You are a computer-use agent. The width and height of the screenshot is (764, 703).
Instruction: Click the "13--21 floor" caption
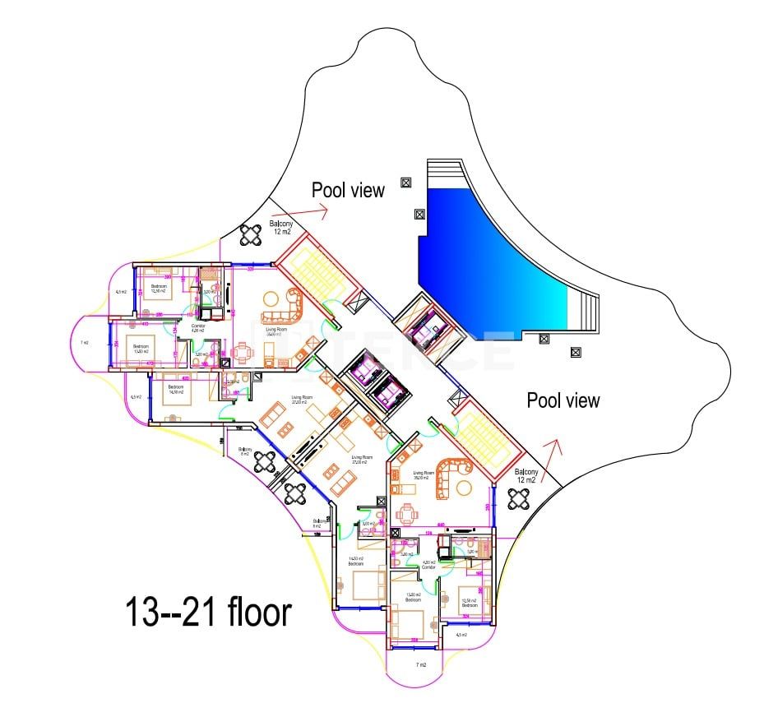point(209,613)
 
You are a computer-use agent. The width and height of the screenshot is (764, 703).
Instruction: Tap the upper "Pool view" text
point(348,190)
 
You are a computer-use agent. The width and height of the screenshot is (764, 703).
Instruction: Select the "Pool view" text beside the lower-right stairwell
point(563,400)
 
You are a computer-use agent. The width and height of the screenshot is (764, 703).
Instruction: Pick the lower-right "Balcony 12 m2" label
point(526,476)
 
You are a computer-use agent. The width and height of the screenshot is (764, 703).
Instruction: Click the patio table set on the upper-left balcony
point(250,236)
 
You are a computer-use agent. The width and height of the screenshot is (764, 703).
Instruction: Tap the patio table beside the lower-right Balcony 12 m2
point(520,498)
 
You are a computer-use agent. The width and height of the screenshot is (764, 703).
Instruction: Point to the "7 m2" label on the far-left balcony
point(84,342)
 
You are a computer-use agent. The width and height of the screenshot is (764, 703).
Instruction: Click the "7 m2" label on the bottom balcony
point(421,664)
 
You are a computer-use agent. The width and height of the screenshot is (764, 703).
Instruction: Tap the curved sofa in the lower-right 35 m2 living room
point(451,479)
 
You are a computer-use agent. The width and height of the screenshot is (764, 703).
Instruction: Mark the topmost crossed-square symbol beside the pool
point(405,183)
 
